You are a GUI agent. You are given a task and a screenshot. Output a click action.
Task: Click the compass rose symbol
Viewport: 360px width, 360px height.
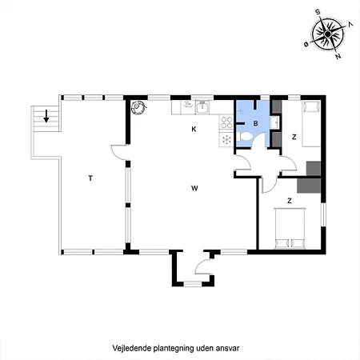point(328,34)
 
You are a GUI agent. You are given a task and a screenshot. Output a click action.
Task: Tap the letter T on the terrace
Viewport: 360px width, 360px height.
point(90,178)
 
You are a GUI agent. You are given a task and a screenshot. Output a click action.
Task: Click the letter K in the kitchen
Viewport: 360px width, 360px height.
point(194,129)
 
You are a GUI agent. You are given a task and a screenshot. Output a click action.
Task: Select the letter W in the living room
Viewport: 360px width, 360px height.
point(194,188)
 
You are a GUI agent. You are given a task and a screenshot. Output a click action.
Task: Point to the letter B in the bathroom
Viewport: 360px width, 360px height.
point(256,123)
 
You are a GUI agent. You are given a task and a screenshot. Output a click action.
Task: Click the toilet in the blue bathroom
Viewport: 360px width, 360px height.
point(245,138)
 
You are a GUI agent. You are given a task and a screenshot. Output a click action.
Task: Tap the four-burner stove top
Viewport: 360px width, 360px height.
point(226,122)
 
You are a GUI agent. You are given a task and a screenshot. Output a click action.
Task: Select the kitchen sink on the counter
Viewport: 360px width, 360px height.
point(202,107)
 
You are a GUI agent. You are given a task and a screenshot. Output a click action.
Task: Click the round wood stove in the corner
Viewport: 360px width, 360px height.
point(138,107)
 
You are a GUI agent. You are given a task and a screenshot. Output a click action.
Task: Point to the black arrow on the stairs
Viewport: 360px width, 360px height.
point(46,116)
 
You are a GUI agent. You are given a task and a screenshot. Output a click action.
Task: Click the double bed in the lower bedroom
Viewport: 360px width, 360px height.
point(290,228)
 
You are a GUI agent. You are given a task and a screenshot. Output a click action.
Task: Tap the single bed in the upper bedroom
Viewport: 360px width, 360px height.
point(311,124)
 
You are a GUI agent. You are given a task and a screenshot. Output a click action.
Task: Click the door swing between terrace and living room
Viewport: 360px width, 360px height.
point(118,152)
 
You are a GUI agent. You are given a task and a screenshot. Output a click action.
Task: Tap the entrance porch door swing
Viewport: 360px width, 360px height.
point(204,266)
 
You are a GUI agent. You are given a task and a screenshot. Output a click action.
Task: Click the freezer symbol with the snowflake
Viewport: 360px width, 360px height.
point(226,139)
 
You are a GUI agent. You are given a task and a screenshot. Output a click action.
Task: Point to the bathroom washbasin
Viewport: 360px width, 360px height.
point(274,122)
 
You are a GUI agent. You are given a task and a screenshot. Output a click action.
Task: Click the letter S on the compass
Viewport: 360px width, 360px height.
point(318,12)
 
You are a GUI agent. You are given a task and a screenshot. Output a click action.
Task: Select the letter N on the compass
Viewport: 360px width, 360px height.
point(338,56)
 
